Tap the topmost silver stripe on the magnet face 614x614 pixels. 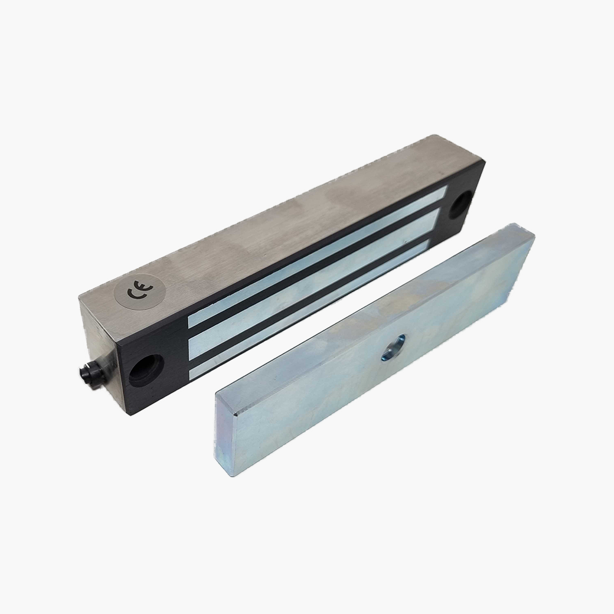(317, 256)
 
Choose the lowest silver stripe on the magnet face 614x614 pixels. (313, 309)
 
